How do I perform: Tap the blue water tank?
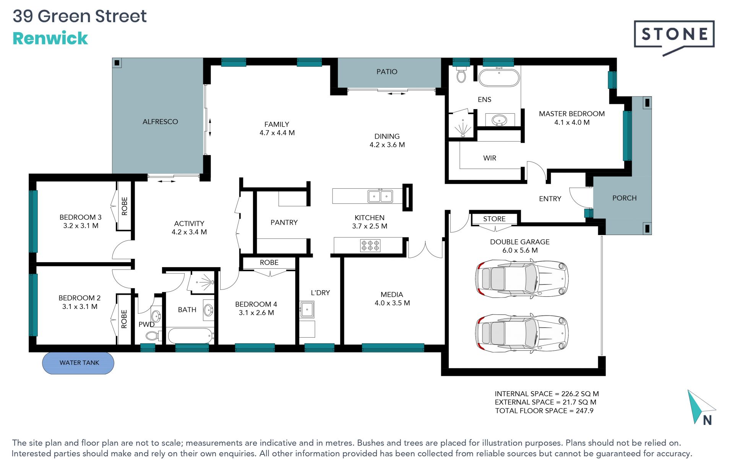[78, 363]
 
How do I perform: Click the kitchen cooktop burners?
[370, 245]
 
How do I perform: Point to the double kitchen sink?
[380, 196]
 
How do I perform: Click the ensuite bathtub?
[499, 78]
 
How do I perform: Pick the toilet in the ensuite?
[461, 75]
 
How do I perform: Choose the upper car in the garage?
[521, 278]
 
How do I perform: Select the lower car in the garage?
[521, 333]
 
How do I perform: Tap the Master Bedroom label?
[572, 114]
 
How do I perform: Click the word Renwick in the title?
[50, 38]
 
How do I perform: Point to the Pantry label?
[284, 222]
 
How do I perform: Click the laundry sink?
[307, 309]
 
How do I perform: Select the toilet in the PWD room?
[152, 336]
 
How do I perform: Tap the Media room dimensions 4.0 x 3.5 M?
[392, 303]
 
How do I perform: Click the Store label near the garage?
[494, 219]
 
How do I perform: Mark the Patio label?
[387, 72]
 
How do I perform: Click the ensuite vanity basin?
[499, 120]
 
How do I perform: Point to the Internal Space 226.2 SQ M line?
[547, 394]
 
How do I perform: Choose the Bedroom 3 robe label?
[124, 206]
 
